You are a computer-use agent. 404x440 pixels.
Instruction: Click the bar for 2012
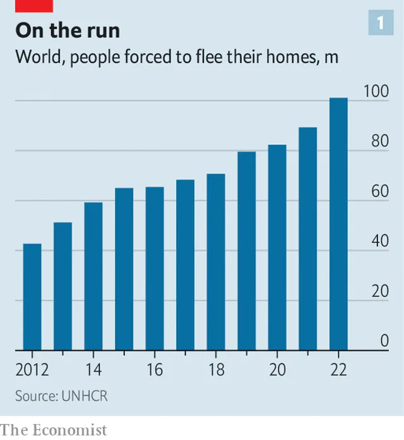(x=32, y=296)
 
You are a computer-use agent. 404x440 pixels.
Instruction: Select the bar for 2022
(x=339, y=224)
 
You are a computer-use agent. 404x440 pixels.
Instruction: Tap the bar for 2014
(x=93, y=276)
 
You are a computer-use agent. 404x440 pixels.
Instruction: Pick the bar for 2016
(x=155, y=268)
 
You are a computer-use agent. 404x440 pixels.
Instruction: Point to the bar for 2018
(x=216, y=262)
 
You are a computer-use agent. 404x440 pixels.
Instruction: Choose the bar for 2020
(x=277, y=247)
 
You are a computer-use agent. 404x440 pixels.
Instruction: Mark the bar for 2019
(x=247, y=250)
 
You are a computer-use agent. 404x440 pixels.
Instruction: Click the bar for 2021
(x=308, y=238)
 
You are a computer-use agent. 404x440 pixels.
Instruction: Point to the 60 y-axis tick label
(x=379, y=192)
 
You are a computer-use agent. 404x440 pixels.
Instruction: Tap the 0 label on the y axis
(x=384, y=341)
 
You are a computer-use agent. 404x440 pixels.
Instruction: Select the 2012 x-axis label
(x=32, y=370)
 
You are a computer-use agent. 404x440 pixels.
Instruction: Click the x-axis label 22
(x=339, y=370)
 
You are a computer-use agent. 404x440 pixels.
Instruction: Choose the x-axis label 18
(x=216, y=370)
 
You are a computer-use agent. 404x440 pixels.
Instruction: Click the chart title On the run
(x=68, y=30)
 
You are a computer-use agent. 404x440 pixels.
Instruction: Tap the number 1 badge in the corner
(x=381, y=23)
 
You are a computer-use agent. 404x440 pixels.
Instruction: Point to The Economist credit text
(x=54, y=430)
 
